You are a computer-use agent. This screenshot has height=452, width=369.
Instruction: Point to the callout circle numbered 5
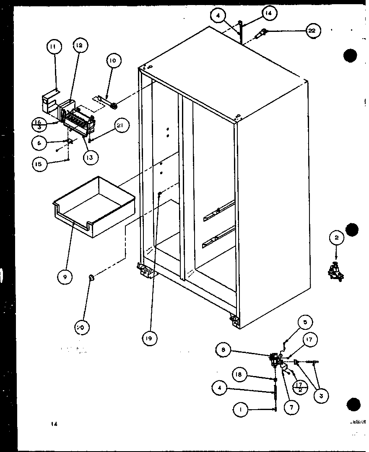(x=305, y=323)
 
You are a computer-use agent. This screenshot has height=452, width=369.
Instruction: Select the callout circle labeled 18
(x=239, y=375)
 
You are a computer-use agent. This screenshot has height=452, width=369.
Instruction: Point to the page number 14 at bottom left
(x=54, y=424)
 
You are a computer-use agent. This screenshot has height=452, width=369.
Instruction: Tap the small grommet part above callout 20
(x=92, y=277)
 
